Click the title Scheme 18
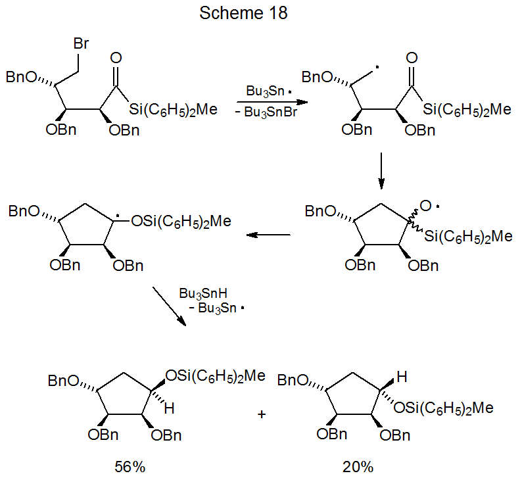point(243,13)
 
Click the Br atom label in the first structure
point(82,45)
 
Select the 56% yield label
point(130,468)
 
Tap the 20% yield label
point(358,468)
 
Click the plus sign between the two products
point(262,415)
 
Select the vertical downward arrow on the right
point(382,170)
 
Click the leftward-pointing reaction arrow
point(268,234)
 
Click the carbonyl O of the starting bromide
point(117,57)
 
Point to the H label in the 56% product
point(169,409)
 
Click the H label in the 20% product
point(402,377)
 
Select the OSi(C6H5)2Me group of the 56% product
point(216,376)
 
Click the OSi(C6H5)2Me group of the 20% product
point(443,408)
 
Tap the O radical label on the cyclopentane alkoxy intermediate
point(427,206)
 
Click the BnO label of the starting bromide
point(22,78)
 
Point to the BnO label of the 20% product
point(294,381)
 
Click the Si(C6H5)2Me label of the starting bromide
point(173,109)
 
